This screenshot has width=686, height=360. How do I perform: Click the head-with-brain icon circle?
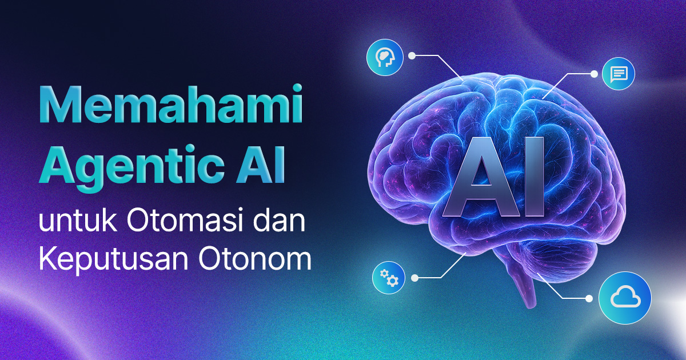(385, 57)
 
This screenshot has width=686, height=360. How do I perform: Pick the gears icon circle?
(389, 278)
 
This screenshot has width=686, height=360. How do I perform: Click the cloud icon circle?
(625, 298)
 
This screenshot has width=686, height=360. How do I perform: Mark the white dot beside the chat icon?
(593, 74)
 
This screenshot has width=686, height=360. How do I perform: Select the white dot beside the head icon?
(412, 56)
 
